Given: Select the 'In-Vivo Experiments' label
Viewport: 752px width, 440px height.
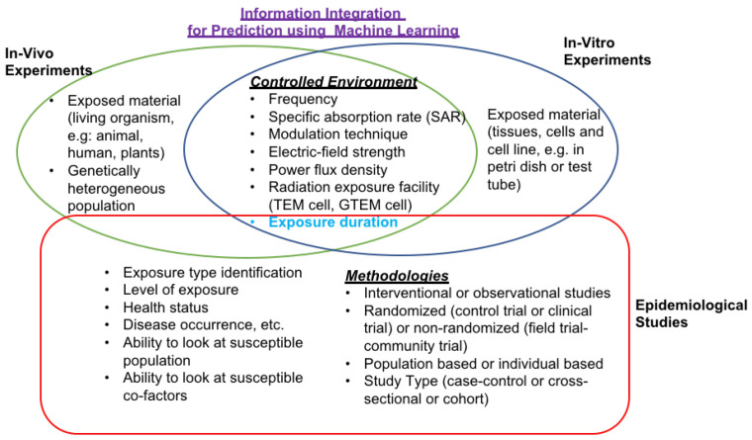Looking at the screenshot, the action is pos(48,62).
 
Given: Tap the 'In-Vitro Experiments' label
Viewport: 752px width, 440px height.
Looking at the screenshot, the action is pos(608,51).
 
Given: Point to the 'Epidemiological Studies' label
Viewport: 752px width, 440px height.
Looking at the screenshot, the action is pos(691,313).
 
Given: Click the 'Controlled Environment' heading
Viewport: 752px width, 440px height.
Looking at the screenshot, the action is pos(333,82).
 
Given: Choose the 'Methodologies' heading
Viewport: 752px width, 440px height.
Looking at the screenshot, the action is pos(397,276).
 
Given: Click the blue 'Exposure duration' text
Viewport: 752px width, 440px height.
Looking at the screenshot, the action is pos(332,221).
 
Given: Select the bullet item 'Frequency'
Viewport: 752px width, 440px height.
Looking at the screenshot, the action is pos(303,99).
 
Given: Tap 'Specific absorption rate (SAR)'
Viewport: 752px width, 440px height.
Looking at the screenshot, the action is pos(367,117).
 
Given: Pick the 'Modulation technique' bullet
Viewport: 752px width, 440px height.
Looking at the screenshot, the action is pos(337,134).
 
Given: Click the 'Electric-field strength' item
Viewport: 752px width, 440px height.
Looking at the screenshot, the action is pos(336,152).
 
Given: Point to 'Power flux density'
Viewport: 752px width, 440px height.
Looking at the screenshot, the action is pos(328,170).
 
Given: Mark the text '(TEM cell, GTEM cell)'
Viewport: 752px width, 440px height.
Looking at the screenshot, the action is pos(340,205).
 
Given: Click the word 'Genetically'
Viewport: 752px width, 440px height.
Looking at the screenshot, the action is pos(104,171).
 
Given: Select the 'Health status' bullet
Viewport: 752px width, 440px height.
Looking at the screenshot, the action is pos(165,308).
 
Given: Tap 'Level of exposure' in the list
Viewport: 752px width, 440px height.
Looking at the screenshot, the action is pos(180,290).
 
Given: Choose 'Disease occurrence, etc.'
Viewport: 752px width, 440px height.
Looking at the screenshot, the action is pos(204,325).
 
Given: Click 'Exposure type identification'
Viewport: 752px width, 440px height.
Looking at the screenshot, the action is pos(213,273).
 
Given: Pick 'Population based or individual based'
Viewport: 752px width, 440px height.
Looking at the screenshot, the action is pos(484,364).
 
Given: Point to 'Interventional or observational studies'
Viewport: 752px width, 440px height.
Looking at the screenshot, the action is pos(487,293).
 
